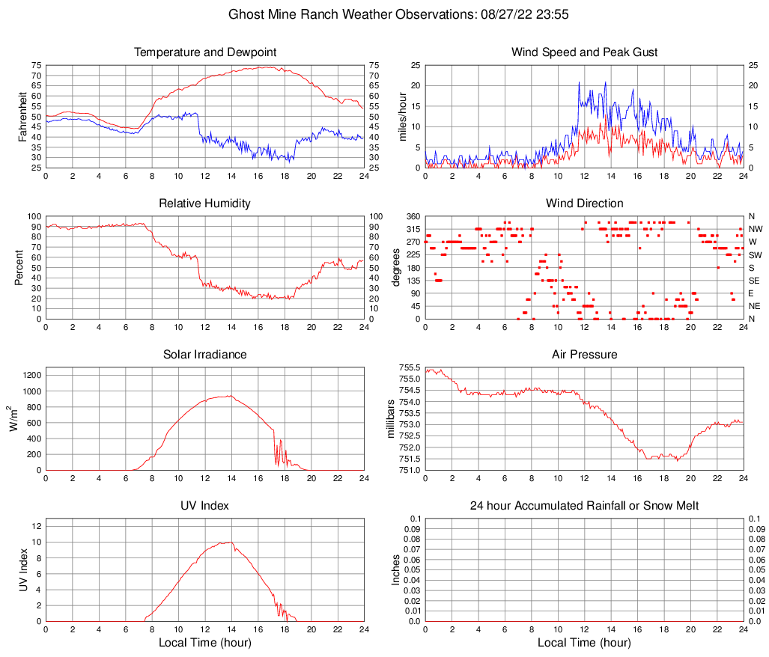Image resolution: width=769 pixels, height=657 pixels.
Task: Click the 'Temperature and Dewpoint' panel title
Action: pyautogui.click(x=205, y=52)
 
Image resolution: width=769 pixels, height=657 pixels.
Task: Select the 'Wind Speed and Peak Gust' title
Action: pyautogui.click(x=584, y=52)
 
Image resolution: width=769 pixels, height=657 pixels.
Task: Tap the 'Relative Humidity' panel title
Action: pyautogui.click(x=205, y=204)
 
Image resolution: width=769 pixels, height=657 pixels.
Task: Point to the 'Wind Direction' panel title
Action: pyautogui.click(x=584, y=204)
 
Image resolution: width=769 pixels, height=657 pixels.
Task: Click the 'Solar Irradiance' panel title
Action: pyautogui.click(x=205, y=355)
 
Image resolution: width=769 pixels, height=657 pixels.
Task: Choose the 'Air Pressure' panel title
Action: pyautogui.click(x=584, y=355)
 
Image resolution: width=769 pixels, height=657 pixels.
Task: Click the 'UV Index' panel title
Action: pyautogui.click(x=205, y=506)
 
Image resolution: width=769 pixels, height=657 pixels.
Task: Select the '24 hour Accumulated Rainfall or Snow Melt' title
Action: pyautogui.click(x=584, y=506)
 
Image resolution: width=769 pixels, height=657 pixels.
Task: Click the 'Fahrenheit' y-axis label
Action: pyautogui.click(x=22, y=116)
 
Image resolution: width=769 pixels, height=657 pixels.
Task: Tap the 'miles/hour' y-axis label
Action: pyautogui.click(x=402, y=116)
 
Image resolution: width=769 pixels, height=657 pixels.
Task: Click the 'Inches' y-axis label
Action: pyautogui.click(x=396, y=569)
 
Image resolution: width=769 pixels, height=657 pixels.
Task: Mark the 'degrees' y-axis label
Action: pyautogui.click(x=396, y=267)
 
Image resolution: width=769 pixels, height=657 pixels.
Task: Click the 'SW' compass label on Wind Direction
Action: pyautogui.click(x=756, y=255)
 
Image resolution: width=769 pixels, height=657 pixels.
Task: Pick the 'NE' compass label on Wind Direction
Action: pyautogui.click(x=755, y=306)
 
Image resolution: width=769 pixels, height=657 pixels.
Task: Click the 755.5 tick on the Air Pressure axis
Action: pyautogui.click(x=409, y=367)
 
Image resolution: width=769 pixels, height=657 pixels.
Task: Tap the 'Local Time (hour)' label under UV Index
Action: pyautogui.click(x=205, y=643)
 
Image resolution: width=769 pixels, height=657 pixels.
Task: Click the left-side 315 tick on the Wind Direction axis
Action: pyautogui.click(x=413, y=229)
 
